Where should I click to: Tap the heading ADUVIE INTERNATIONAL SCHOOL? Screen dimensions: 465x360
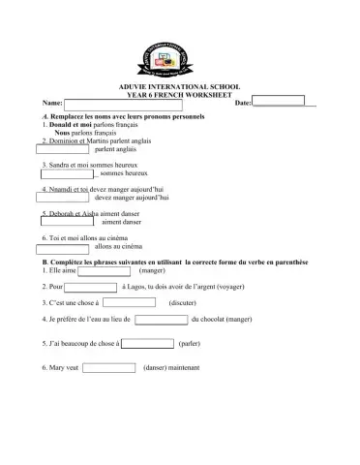coord(180,87)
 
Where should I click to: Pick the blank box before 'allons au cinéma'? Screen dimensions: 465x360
coord(65,246)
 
